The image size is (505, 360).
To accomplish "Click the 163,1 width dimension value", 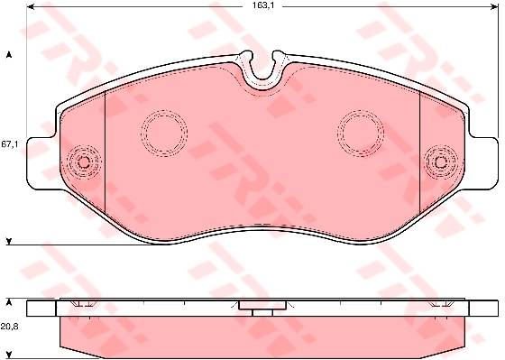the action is tap(262, 5).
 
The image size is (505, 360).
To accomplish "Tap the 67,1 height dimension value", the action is tap(9, 144).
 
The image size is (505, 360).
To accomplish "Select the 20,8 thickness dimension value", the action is tap(9, 327).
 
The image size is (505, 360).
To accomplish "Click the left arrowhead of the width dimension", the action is tap(31, 6).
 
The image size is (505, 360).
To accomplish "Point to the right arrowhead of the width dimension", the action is tap(494, 6).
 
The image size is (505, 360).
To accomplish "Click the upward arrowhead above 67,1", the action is tap(9, 55).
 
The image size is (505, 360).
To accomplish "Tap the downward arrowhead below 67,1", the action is tap(9, 242).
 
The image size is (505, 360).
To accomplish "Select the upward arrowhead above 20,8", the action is tap(9, 302).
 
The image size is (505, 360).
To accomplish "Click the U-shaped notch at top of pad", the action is tap(262, 77).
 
